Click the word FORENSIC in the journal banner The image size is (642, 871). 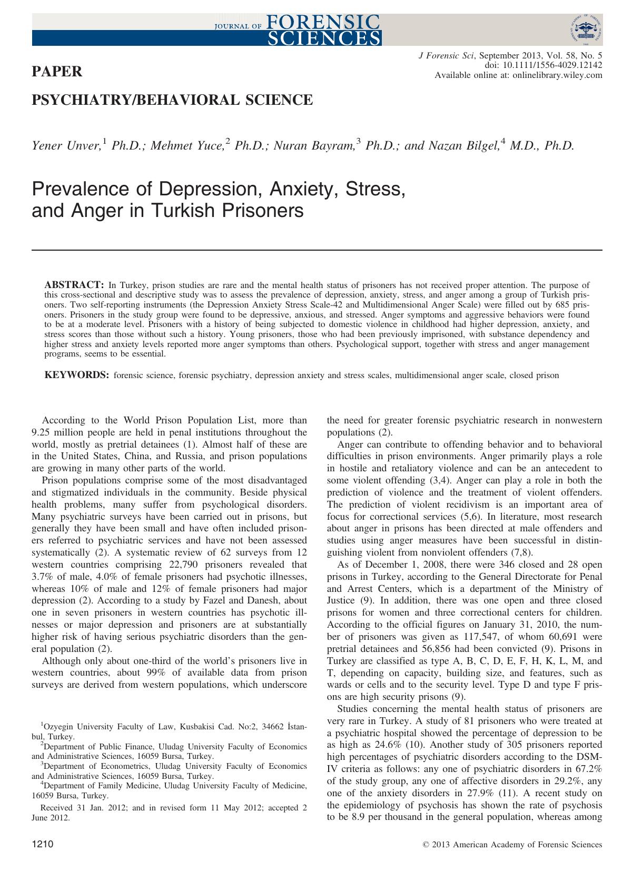click(323, 21)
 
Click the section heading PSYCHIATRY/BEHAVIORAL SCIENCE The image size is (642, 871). click(172, 99)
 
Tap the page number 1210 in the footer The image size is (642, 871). click(43, 844)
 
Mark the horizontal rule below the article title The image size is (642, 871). click(317, 249)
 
